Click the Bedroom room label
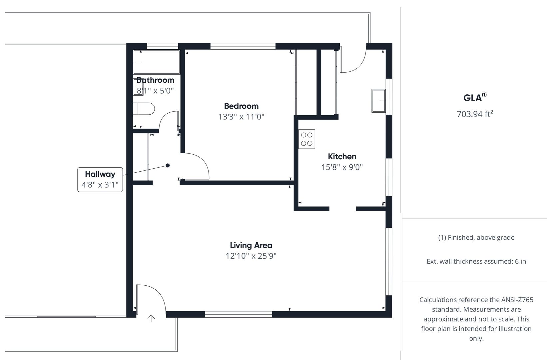[241, 106]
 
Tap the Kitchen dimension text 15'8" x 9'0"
[342, 167]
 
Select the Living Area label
[251, 245]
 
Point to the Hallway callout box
[100, 180]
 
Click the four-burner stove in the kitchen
[307, 139]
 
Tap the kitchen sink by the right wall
[378, 101]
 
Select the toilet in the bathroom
[144, 109]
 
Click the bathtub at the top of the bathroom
[157, 62]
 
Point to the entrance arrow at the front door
[151, 318]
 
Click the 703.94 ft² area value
[475, 114]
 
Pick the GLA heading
[475, 98]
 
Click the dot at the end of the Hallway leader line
[168, 165]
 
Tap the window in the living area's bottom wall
[238, 314]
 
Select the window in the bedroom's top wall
[243, 46]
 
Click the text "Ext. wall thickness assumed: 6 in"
[476, 261]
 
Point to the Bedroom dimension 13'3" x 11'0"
[241, 117]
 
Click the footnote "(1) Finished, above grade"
[476, 238]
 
